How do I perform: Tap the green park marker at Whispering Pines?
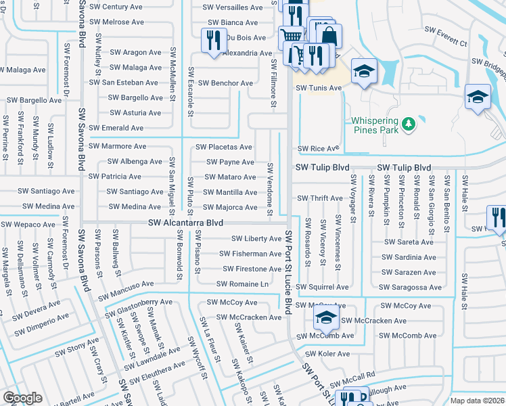(408, 124)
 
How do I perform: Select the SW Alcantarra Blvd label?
(186, 223)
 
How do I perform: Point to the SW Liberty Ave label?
(256, 239)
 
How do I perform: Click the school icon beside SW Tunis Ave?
(363, 71)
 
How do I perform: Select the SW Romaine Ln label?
(242, 284)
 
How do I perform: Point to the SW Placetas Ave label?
(224, 147)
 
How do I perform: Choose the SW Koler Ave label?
(327, 354)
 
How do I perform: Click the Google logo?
(22, 398)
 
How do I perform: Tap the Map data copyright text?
(476, 401)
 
